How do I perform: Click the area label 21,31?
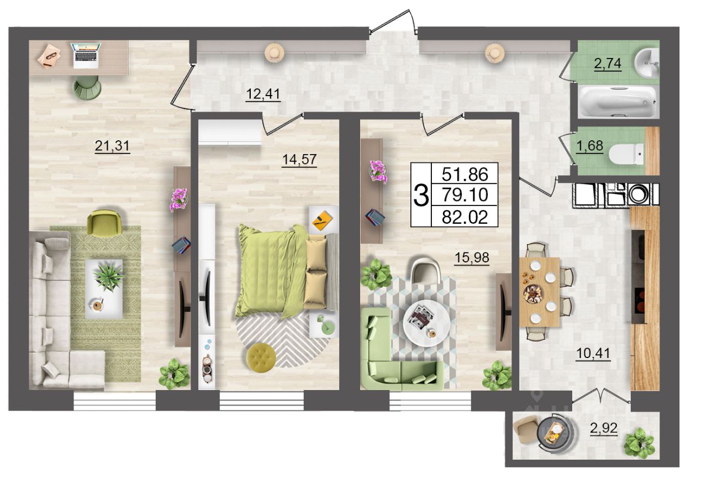[112, 146]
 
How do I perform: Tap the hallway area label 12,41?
[263, 94]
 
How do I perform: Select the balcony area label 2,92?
[604, 428]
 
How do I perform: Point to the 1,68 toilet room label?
[589, 146]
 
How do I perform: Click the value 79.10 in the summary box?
[465, 194]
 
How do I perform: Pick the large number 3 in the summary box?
[421, 196]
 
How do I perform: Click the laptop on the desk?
[86, 56]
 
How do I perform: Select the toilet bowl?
[626, 154]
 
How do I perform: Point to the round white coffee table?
[427, 323]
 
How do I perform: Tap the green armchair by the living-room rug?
[104, 222]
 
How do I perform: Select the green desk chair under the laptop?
[87, 88]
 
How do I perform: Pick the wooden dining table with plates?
[540, 292]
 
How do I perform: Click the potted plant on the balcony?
[639, 443]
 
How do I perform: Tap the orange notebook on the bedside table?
[322, 220]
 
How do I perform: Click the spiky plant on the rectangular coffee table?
[108, 277]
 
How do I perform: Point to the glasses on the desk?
[52, 56]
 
